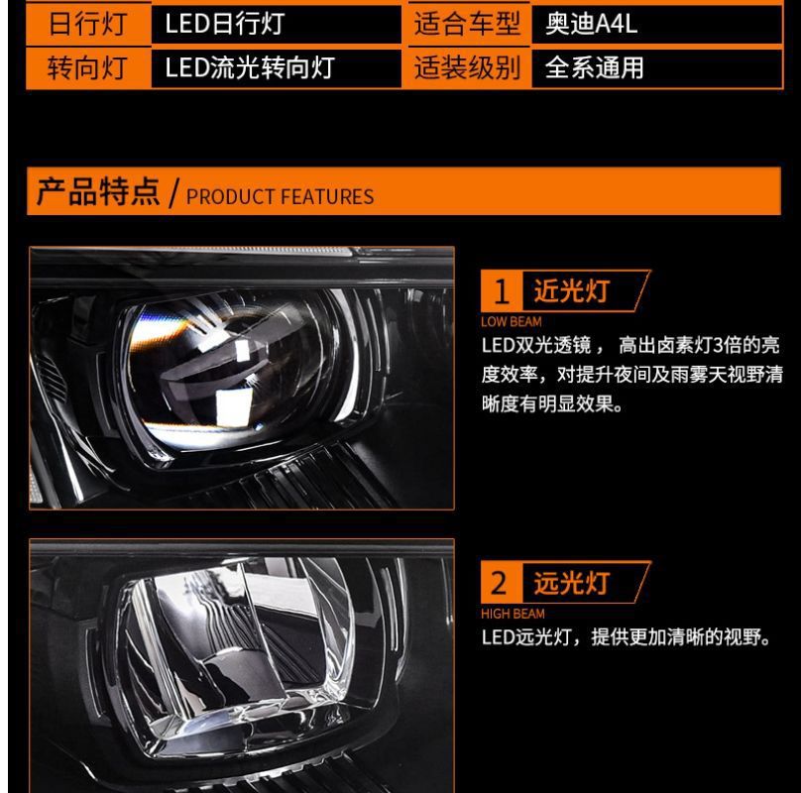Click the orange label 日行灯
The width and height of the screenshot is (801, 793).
[x=88, y=24]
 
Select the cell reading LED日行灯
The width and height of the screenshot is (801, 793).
[x=225, y=24]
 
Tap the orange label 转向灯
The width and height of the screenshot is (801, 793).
[x=88, y=68]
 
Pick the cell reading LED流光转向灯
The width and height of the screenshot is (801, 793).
[x=250, y=67]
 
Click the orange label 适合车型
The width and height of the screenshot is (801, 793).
[x=467, y=24]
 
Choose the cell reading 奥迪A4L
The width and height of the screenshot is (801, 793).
[x=591, y=24]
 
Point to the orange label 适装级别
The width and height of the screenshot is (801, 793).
[x=467, y=68]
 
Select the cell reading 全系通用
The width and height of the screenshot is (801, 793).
[x=594, y=68]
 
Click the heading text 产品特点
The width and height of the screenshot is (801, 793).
[x=98, y=191]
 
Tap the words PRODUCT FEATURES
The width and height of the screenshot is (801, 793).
[x=280, y=196]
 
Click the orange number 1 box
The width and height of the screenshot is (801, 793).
[x=502, y=290]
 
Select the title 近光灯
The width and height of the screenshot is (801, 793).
[x=572, y=290]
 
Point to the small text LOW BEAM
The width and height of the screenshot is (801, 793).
[x=511, y=321]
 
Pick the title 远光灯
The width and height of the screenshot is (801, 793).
[x=572, y=583]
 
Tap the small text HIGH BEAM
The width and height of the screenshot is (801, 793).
[x=513, y=614]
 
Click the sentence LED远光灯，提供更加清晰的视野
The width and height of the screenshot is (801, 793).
[x=626, y=637]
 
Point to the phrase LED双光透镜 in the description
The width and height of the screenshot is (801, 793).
[x=536, y=345]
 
